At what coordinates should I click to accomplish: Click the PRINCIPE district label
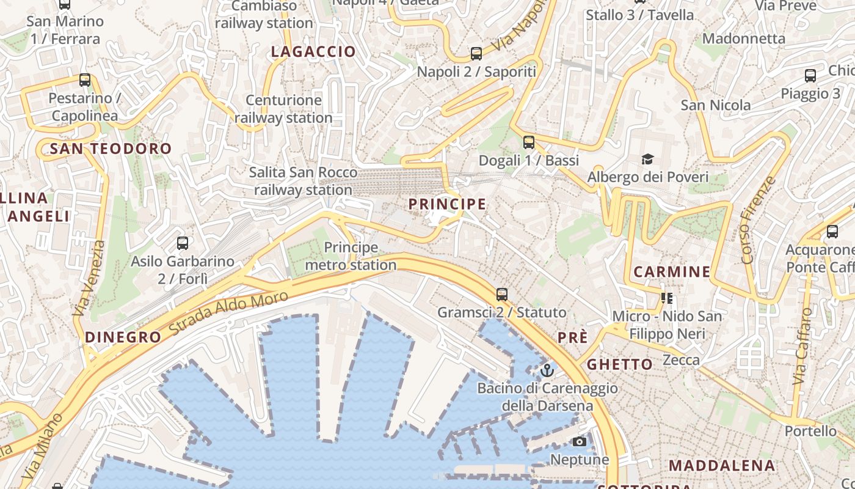click(447, 204)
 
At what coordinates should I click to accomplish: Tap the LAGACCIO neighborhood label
click(313, 52)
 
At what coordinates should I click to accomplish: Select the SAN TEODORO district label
click(111, 149)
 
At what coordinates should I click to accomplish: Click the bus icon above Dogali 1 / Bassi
click(529, 142)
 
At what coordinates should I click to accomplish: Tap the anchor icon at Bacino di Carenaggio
click(547, 370)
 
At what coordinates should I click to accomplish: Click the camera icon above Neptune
click(580, 441)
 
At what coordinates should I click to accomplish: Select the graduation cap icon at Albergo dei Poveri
click(647, 160)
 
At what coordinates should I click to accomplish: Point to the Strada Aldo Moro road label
click(228, 313)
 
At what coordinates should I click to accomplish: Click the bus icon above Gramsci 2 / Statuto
click(502, 295)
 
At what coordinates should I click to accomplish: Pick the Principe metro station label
click(351, 256)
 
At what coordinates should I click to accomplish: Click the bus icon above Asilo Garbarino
click(182, 243)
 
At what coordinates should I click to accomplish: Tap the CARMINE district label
click(672, 272)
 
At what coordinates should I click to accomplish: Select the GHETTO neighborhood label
click(620, 365)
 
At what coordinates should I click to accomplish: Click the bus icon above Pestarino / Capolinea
click(85, 80)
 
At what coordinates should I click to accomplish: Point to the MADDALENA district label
click(721, 465)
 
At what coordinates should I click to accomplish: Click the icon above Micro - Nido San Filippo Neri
click(667, 298)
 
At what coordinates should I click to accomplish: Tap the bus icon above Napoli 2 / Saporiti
click(476, 54)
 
